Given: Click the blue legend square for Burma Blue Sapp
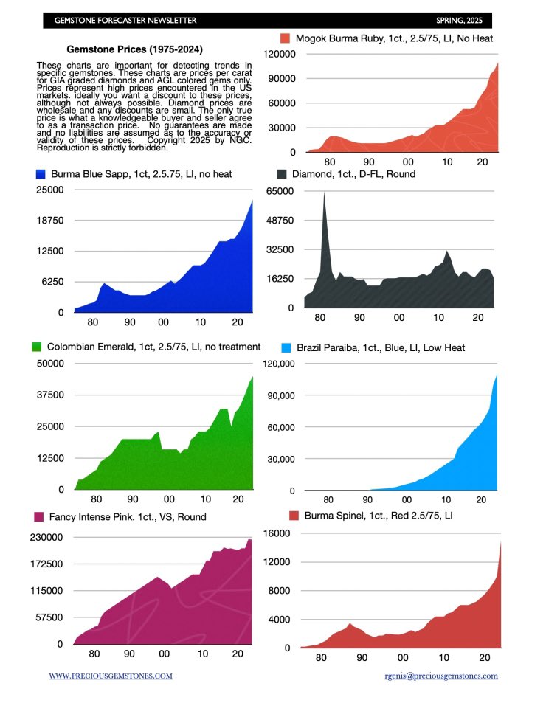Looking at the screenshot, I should [x=41, y=174].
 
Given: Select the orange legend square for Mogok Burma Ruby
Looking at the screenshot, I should [x=284, y=38].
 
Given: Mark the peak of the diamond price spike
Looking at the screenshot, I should [x=324, y=195].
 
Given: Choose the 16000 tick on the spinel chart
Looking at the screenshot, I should [x=283, y=533].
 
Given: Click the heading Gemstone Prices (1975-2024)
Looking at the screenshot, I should [x=120, y=51].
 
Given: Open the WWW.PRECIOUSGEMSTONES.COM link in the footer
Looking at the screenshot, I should [x=111, y=675].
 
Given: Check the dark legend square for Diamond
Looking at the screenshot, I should [x=283, y=174].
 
